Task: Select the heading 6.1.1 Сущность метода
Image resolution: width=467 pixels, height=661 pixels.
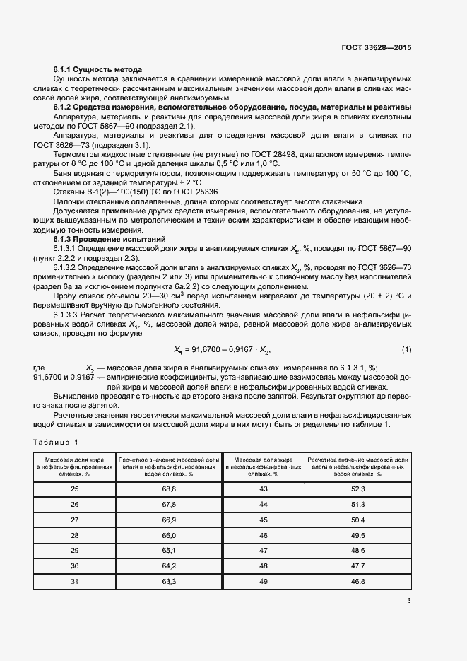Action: click(x=98, y=69)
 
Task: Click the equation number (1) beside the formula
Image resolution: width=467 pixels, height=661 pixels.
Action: click(x=406, y=350)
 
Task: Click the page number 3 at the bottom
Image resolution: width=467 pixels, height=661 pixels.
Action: click(x=409, y=602)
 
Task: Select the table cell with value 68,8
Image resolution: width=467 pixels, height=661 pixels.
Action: click(x=168, y=489)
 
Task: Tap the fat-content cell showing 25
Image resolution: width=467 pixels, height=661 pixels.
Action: click(x=75, y=489)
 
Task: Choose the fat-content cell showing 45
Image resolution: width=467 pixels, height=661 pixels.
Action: click(x=264, y=520)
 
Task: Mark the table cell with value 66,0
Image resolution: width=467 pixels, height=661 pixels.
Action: click(x=168, y=535)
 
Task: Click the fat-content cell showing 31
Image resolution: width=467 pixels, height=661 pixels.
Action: click(x=75, y=581)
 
